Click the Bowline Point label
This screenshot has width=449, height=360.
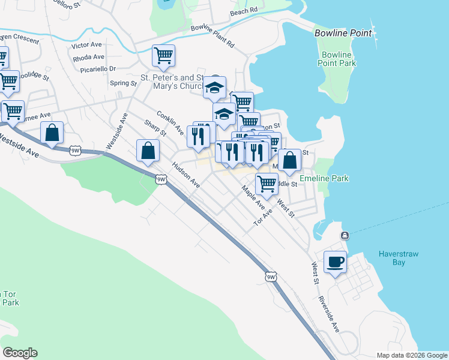click(343, 34)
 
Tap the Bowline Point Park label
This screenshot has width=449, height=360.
click(338, 59)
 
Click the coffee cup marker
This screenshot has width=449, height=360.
click(335, 262)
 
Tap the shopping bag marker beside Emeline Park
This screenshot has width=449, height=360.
click(289, 161)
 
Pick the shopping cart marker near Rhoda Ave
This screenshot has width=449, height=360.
click(163, 56)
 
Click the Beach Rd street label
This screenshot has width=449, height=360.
click(244, 11)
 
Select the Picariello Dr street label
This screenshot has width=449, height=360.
click(98, 69)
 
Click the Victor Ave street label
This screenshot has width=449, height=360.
click(88, 46)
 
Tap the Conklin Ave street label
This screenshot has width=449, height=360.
click(170, 122)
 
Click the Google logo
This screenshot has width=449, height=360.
click(20, 353)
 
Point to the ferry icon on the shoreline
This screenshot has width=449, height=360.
click(345, 235)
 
